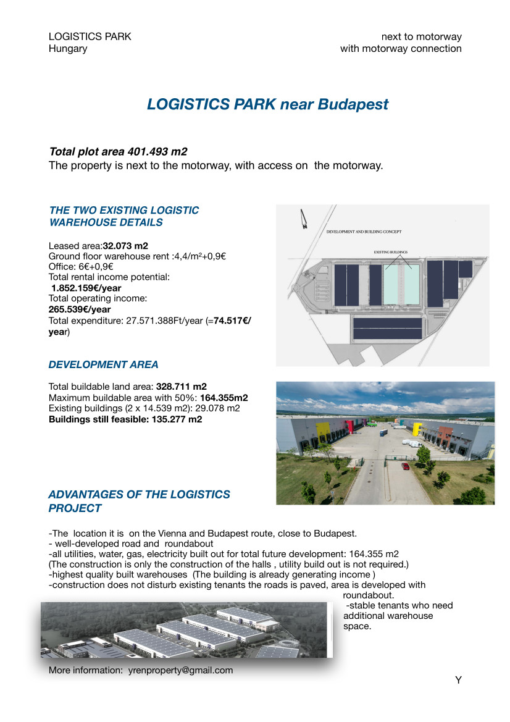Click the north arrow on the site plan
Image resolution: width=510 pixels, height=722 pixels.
pyautogui.click(x=304, y=219)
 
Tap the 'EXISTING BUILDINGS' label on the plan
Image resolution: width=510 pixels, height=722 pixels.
pyautogui.click(x=391, y=252)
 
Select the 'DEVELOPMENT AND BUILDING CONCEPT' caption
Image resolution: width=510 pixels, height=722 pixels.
pyautogui.click(x=364, y=232)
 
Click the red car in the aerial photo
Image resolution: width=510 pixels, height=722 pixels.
pyautogui.click(x=405, y=466)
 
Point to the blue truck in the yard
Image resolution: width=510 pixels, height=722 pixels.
pyautogui.click(x=380, y=434)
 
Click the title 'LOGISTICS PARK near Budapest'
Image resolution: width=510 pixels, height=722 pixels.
pyautogui.click(x=267, y=104)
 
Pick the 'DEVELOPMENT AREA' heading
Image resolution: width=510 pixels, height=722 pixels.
pyautogui.click(x=103, y=364)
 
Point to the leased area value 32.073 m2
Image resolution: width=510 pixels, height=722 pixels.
pyautogui.click(x=125, y=246)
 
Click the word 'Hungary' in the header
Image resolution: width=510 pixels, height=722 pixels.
pyautogui.click(x=68, y=48)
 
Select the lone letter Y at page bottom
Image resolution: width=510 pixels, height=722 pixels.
pyautogui.click(x=458, y=681)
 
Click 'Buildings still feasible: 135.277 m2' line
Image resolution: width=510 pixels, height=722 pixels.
pyautogui.click(x=125, y=419)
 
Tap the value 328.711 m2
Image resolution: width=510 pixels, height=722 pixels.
pyautogui.click(x=182, y=387)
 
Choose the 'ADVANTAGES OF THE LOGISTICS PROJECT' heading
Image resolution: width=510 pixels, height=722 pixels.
pyautogui.click(x=139, y=502)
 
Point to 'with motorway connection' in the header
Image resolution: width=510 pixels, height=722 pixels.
pyautogui.click(x=401, y=48)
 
